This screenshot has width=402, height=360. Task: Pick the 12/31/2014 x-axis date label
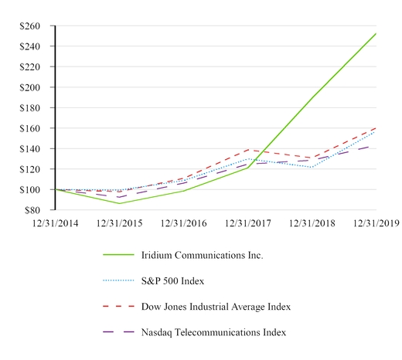(x=55, y=222)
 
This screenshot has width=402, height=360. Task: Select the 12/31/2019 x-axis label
(x=376, y=222)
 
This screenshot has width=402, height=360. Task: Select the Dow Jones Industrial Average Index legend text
(x=216, y=307)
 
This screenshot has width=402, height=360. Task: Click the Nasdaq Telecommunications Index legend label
(x=213, y=332)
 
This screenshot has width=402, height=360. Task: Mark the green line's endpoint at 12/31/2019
(x=376, y=34)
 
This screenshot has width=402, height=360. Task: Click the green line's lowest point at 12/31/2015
(x=120, y=203)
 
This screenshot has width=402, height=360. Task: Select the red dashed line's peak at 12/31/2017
(x=248, y=150)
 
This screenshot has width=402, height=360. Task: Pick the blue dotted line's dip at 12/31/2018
(x=312, y=167)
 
